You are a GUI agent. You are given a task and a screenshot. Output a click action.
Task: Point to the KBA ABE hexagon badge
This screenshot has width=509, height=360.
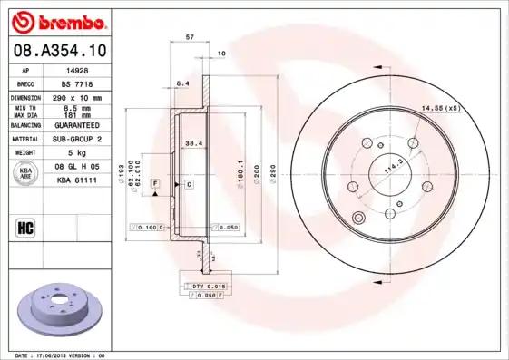[x=25, y=175]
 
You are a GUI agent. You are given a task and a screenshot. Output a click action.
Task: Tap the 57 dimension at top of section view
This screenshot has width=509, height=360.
[x=188, y=37]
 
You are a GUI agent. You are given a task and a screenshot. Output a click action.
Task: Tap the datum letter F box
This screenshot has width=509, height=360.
[x=155, y=184]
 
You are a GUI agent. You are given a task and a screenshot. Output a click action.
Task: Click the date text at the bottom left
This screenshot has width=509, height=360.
[x=61, y=355]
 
